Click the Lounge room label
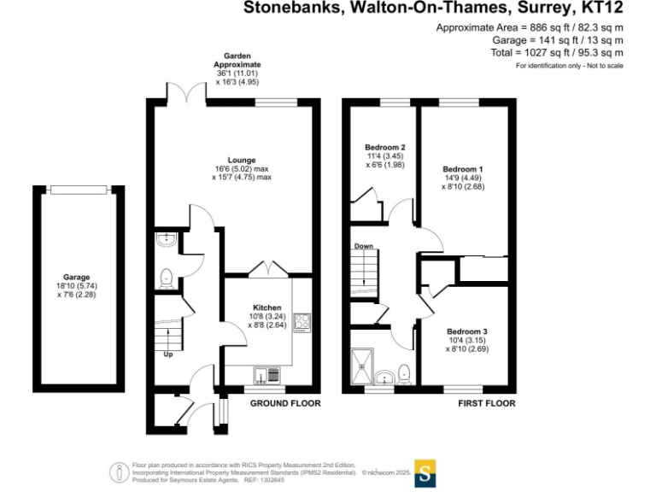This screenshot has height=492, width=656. [x=242, y=159]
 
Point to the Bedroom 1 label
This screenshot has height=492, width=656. [x=463, y=169]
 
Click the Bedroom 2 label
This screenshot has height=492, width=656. [x=384, y=147]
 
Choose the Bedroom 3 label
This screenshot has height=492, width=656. [x=467, y=331]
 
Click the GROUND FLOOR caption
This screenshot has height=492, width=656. [x=285, y=403]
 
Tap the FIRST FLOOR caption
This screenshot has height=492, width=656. [x=487, y=403]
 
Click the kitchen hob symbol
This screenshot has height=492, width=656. [x=302, y=323]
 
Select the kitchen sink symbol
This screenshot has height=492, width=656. [x=265, y=373]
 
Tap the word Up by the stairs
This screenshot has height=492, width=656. [x=167, y=354]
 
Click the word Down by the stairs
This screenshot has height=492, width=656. [x=364, y=246]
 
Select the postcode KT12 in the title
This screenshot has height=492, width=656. [x=599, y=9]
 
